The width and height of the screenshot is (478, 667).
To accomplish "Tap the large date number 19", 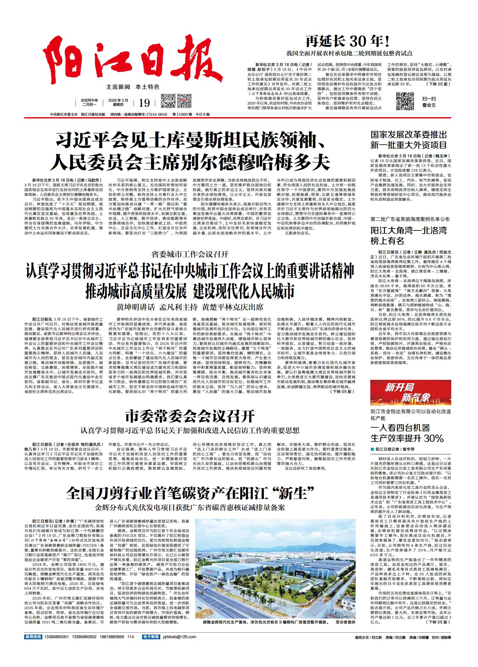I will point(144,103).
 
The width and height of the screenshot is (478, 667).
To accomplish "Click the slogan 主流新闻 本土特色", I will point(133,87).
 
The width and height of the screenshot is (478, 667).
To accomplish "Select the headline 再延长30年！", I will point(348,41).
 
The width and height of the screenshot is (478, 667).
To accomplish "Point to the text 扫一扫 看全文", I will point(429,102).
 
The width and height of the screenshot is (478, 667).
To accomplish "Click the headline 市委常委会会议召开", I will point(190,416).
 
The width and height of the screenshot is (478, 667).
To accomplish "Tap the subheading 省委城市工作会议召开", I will point(190,254).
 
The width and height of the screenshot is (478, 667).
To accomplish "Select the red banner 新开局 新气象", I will point(410,393).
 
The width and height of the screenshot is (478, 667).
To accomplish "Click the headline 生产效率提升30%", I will point(407,438).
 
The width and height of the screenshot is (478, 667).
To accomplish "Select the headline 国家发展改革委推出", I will point(409,134).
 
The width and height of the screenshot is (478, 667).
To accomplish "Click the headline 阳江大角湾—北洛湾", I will point(409,230).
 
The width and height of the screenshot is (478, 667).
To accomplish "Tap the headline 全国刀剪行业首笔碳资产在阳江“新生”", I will point(190,493).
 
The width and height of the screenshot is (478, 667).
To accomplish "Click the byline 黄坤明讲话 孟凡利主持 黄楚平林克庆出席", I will point(190,308).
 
